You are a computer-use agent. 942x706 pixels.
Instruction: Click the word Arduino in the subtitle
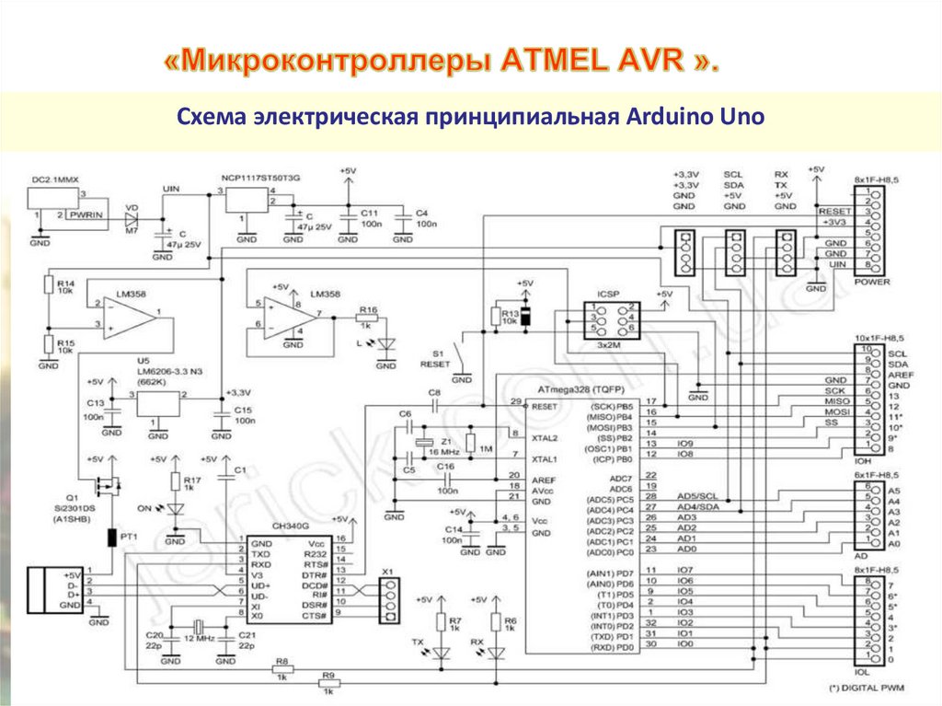pyautogui.click(x=669, y=118)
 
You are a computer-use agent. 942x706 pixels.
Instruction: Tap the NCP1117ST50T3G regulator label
pyautogui.click(x=260, y=175)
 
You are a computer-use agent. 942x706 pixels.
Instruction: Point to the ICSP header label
pyautogui.click(x=608, y=295)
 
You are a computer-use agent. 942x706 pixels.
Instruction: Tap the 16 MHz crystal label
pyautogui.click(x=442, y=454)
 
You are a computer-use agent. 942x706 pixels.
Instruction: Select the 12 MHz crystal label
pyautogui.click(x=199, y=637)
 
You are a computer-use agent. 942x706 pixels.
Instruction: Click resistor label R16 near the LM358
pyautogui.click(x=369, y=310)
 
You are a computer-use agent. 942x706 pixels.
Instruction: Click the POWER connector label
pyautogui.click(x=872, y=282)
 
